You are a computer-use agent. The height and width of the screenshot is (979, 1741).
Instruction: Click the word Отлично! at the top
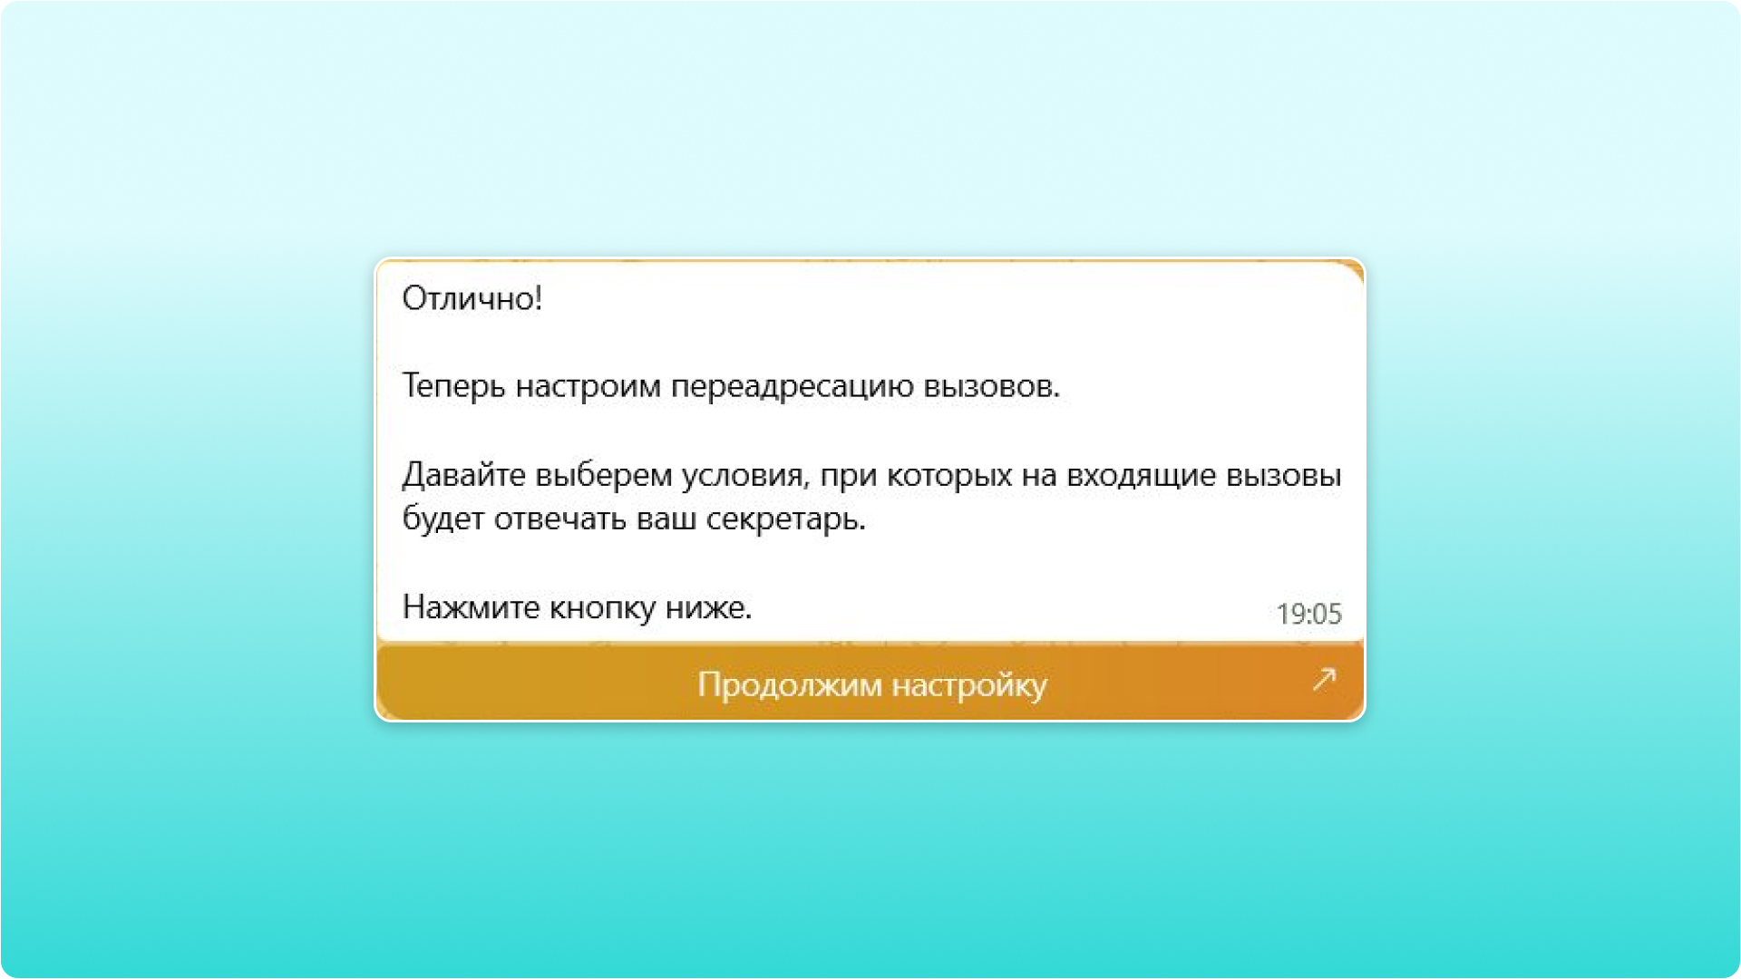472,298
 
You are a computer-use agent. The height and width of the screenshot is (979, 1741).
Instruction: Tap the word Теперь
453,386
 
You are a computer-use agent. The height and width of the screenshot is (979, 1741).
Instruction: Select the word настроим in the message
588,386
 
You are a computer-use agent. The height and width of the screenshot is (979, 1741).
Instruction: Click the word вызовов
991,386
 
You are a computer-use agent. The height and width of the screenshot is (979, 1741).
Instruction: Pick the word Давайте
463,475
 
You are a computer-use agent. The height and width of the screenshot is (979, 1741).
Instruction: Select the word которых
949,475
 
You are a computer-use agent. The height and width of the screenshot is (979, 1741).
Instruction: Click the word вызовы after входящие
1283,475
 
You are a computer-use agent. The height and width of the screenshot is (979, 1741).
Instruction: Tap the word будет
443,519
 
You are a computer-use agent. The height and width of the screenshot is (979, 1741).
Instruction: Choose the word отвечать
559,519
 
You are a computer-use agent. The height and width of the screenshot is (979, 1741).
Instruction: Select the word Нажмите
471,607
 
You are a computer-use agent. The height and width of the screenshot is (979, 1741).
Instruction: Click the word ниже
708,607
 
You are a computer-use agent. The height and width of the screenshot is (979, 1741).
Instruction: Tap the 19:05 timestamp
1308,615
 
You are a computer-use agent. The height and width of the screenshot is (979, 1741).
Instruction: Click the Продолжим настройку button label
871,684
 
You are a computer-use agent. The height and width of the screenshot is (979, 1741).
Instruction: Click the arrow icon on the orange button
1324,679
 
